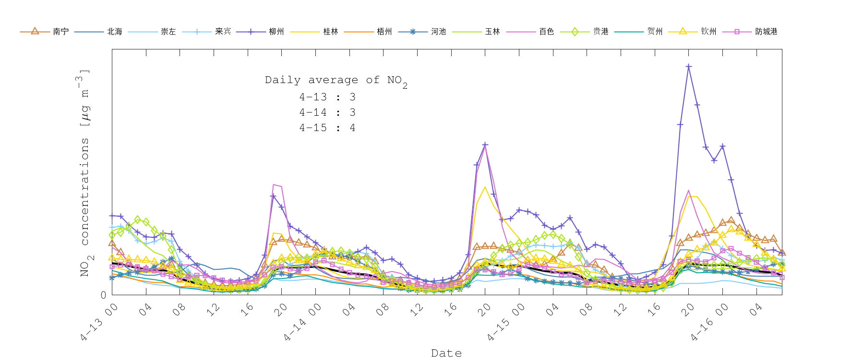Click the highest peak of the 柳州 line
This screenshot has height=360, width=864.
688,66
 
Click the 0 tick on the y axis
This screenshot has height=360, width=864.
103,295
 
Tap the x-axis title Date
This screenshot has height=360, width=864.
446,353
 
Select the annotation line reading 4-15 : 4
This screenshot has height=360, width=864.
327,128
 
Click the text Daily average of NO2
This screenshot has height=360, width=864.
336,80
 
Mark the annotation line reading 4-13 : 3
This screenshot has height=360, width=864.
327,97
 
